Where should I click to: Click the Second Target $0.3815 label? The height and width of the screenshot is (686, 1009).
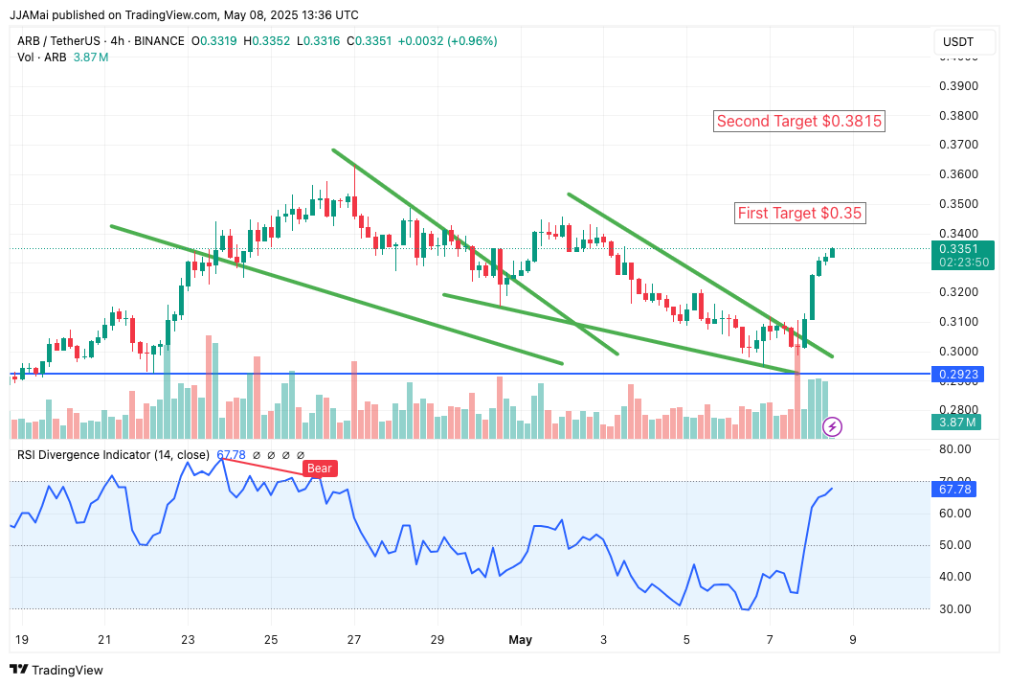pyautogui.click(x=799, y=122)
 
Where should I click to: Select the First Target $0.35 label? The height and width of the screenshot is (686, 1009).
pyautogui.click(x=799, y=214)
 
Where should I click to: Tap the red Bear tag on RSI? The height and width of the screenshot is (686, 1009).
pyautogui.click(x=320, y=469)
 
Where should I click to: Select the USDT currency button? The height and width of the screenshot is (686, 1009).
pyautogui.click(x=958, y=42)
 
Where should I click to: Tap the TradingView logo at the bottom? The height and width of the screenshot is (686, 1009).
pyautogui.click(x=56, y=670)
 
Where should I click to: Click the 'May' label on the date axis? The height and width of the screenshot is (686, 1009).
pyautogui.click(x=521, y=639)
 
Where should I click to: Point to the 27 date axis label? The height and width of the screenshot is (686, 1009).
pyautogui.click(x=354, y=639)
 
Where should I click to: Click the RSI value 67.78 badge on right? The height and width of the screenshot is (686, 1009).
pyautogui.click(x=958, y=490)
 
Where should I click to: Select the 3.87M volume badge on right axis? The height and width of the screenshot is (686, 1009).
pyautogui.click(x=958, y=422)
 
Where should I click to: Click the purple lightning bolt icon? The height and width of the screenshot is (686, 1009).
pyautogui.click(x=833, y=426)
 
